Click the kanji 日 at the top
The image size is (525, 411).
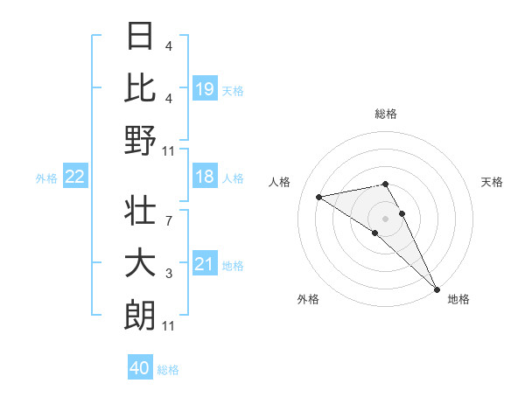click(140, 36)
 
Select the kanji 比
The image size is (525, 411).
click(140, 87)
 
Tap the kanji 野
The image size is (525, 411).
click(140, 141)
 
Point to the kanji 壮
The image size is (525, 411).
click(140, 210)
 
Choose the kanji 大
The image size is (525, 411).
click(140, 263)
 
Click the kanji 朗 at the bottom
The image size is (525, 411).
click(140, 316)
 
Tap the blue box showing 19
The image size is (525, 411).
click(205, 88)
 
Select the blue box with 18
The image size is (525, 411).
click(205, 177)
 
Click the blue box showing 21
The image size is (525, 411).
click(205, 264)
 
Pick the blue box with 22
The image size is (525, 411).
click(75, 177)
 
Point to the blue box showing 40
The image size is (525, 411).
click(140, 368)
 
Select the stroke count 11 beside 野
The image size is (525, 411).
click(169, 151)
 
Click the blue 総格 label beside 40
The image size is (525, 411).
click(169, 370)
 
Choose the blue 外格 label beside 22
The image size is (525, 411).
click(46, 178)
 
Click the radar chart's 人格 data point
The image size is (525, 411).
click(319, 197)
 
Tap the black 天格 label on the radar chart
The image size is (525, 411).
click(492, 182)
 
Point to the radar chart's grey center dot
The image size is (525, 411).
click(386, 218)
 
